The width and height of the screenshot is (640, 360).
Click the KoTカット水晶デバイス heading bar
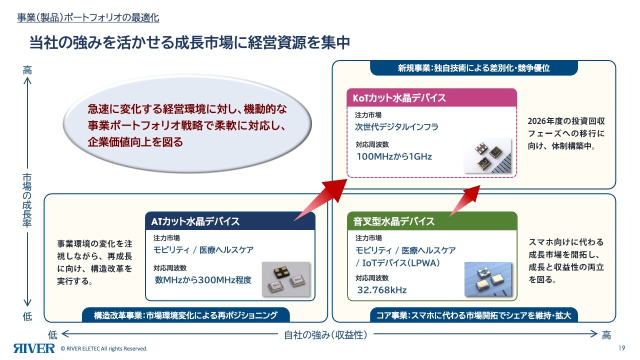pos(431,97)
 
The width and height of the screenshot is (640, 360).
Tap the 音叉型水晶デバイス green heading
pos(432,221)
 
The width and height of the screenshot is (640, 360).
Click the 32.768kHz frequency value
pos(381,290)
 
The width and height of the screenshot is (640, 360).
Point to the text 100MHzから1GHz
pos(394,156)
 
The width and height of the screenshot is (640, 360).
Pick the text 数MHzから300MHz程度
pos(203,280)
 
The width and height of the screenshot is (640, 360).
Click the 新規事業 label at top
pos(473,68)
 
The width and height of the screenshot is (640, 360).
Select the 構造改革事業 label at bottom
pos(185,315)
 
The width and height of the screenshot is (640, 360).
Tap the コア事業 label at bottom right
pos(474,315)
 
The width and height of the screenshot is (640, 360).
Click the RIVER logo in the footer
pos(34,348)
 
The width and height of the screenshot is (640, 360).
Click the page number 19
pos(622,348)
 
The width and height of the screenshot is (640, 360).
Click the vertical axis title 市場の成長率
pos(27,200)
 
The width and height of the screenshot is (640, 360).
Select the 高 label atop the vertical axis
pos(27,70)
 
